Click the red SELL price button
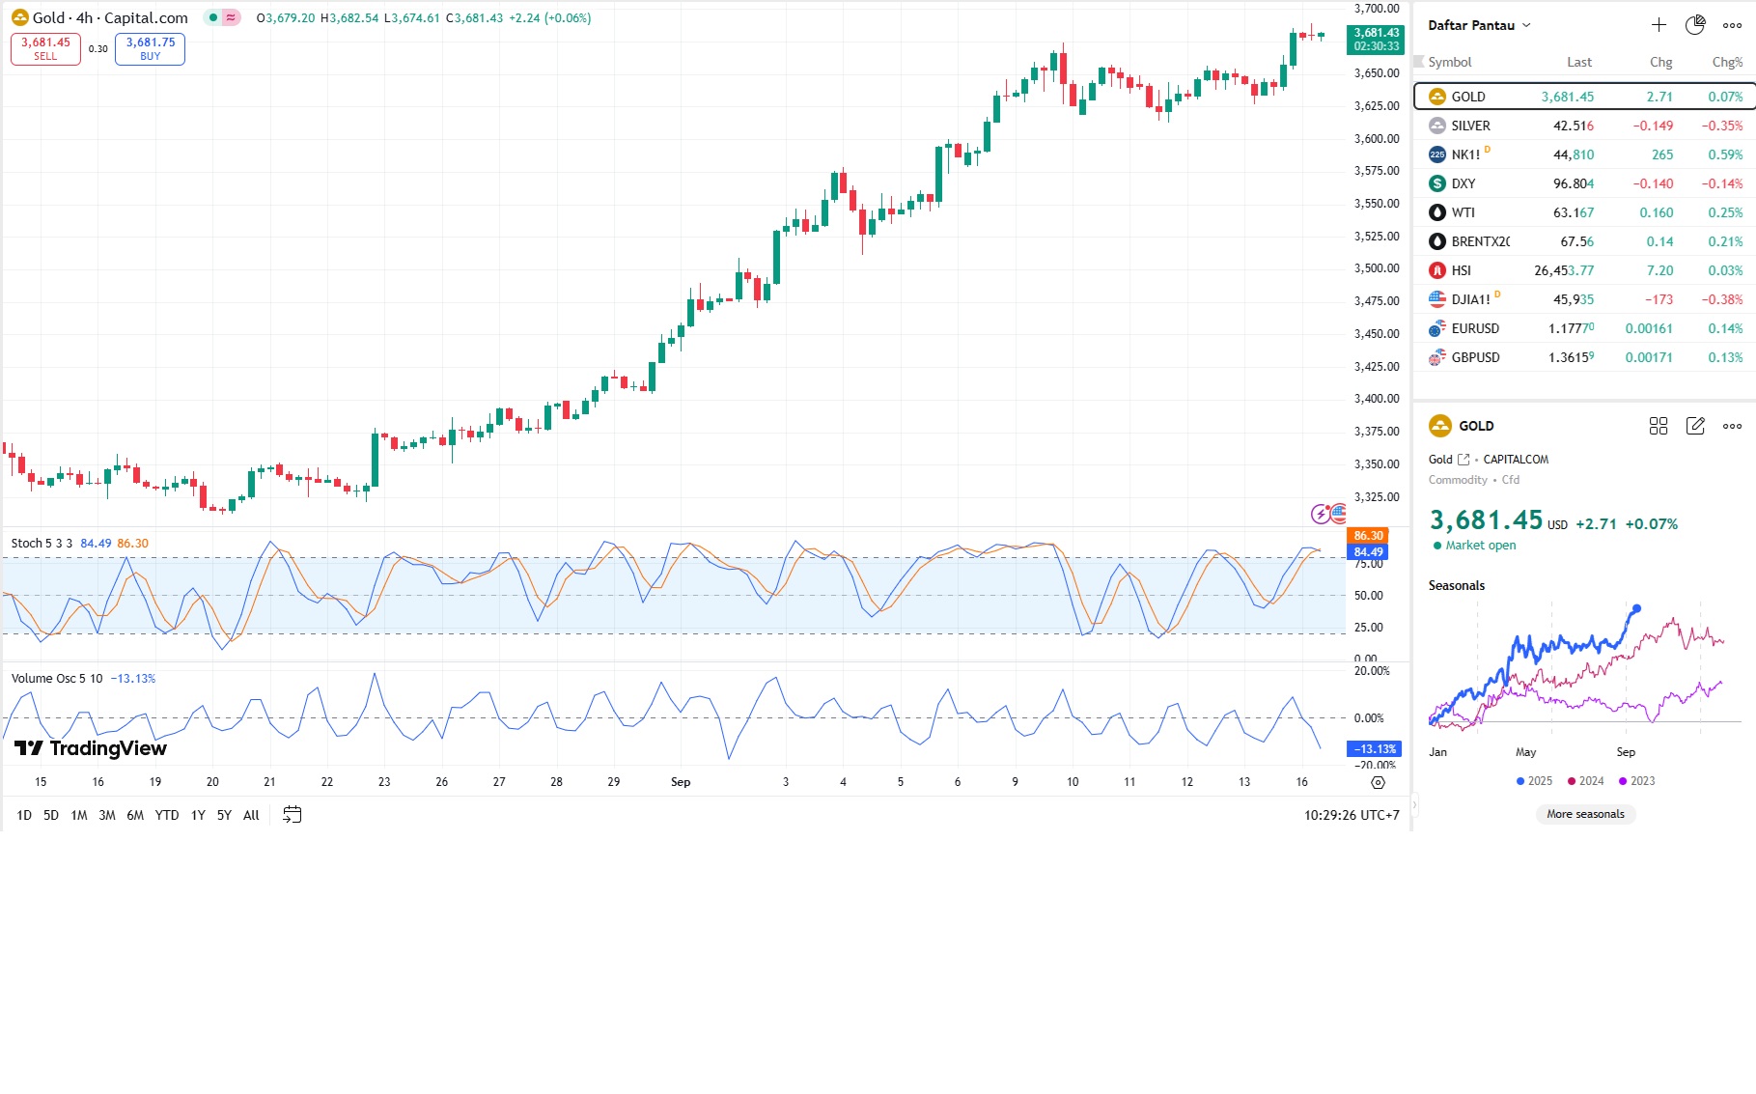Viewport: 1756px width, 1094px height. (x=45, y=48)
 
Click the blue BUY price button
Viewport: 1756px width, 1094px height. (x=150, y=48)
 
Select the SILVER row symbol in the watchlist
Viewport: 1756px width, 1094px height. (x=1470, y=126)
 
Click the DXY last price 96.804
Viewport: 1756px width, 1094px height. (x=1573, y=183)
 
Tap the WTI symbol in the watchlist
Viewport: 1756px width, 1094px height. (x=1463, y=212)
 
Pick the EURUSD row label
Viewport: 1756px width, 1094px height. (x=1475, y=328)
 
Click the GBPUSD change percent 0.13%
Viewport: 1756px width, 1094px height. (x=1725, y=357)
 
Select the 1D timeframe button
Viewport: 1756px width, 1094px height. (x=24, y=815)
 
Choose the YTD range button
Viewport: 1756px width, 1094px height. (x=167, y=815)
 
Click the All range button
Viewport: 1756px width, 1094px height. (x=251, y=815)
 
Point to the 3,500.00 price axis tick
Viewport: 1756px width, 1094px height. (x=1376, y=268)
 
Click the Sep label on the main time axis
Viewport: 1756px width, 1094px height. (x=681, y=782)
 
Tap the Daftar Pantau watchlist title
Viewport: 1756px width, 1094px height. (x=1471, y=25)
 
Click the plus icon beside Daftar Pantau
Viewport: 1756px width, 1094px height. (x=1658, y=25)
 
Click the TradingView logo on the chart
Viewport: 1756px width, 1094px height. (x=91, y=748)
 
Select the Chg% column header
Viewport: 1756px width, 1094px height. (x=1727, y=62)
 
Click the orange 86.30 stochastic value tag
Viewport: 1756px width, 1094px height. (x=1368, y=536)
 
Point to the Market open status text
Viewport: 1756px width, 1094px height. (x=1480, y=546)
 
